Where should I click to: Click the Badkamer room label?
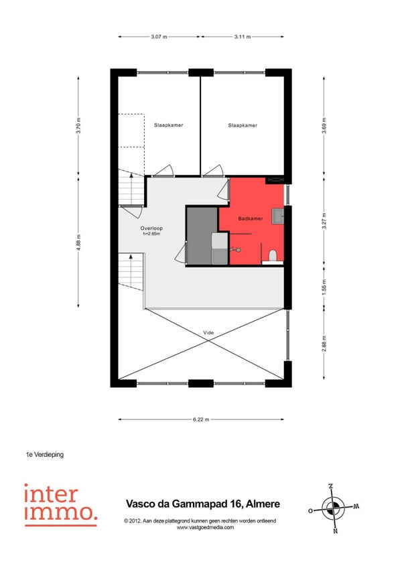tap(251, 218)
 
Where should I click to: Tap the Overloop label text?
tap(151, 228)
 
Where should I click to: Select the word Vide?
tap(208, 332)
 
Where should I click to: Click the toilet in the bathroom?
tap(273, 256)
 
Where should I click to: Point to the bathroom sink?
tap(279, 216)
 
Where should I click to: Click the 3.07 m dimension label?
tap(159, 37)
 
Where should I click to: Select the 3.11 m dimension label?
tap(243, 37)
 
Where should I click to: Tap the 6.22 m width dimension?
tap(201, 419)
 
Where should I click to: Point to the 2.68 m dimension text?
tap(324, 344)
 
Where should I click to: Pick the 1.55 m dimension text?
tap(324, 287)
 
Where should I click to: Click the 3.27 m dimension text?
tap(324, 220)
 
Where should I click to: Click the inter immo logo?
tap(61, 504)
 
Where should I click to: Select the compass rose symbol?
tap(333, 508)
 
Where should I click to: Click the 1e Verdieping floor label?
tap(45, 454)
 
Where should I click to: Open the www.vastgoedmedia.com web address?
tap(205, 527)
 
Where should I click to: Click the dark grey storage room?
tap(202, 236)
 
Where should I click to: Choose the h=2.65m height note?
tap(151, 234)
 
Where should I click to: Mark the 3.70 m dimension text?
tap(78, 125)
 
